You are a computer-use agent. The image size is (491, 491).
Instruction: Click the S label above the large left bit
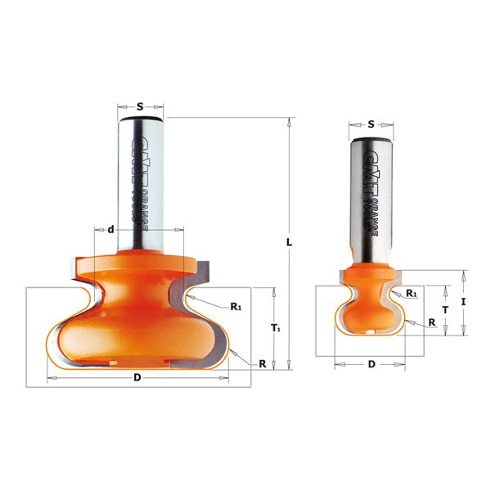pyautogui.click(x=140, y=106)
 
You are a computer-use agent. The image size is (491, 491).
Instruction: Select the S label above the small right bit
pyautogui.click(x=371, y=124)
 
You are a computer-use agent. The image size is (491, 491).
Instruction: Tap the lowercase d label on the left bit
pyautogui.click(x=110, y=228)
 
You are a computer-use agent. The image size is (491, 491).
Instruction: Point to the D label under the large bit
pyautogui.click(x=137, y=377)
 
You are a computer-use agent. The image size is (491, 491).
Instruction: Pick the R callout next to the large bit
pyautogui.click(x=262, y=363)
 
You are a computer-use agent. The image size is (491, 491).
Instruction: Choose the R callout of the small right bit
pyautogui.click(x=430, y=324)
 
